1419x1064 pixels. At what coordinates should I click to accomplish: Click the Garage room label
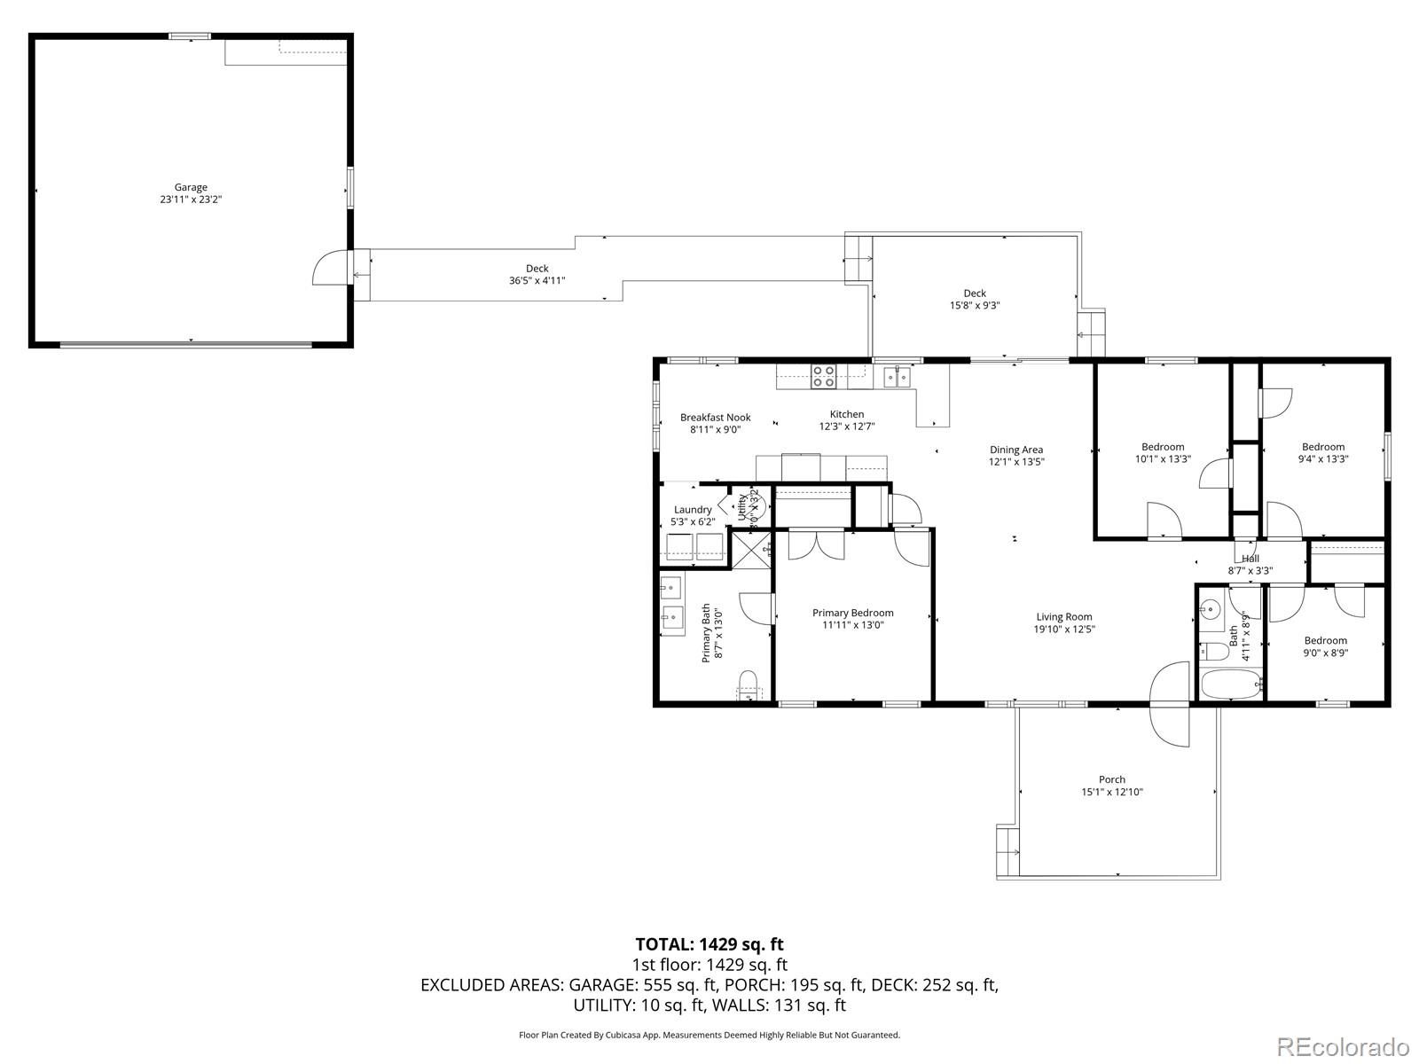tap(191, 187)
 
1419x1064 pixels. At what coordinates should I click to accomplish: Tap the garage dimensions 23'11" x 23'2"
tap(191, 200)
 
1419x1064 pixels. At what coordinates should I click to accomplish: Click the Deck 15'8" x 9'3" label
tap(975, 299)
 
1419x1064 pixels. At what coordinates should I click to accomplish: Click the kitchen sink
tap(898, 377)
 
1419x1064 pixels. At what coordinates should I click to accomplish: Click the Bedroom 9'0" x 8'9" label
tap(1325, 646)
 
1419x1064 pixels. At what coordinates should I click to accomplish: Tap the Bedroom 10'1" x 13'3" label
tap(1163, 453)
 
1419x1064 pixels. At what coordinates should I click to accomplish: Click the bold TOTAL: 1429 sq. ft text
tap(709, 944)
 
